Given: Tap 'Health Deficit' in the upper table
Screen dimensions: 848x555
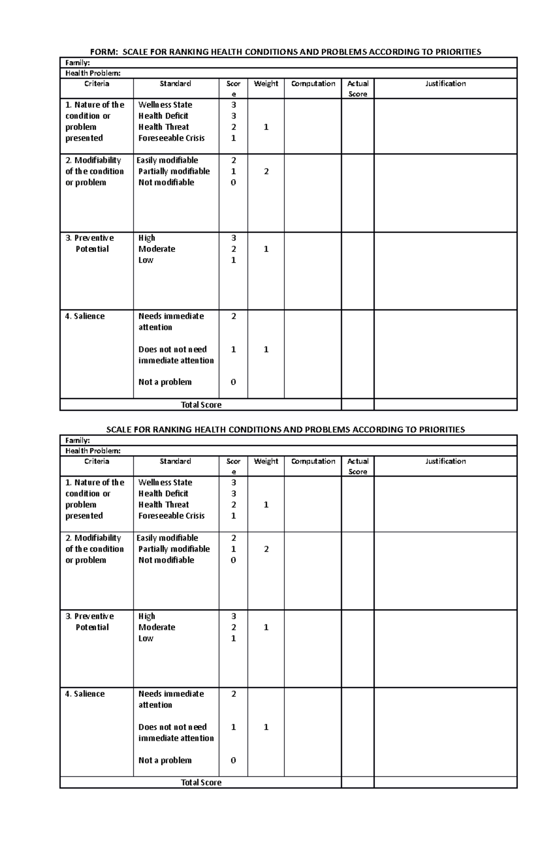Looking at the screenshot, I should click(163, 116).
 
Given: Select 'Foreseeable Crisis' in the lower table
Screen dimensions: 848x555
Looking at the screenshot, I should click(171, 516).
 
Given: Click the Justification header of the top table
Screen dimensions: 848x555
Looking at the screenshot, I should click(445, 84).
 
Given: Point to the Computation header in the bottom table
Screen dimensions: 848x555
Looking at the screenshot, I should click(313, 461).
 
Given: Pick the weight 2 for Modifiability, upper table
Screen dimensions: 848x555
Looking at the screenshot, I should click(266, 171).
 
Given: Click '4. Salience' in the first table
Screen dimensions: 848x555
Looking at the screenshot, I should click(85, 316).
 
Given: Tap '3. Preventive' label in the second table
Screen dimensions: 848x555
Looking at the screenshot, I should click(89, 616).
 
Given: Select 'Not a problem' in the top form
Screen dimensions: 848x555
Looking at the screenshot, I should click(165, 382).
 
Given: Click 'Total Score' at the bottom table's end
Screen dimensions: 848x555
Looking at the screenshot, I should click(201, 782).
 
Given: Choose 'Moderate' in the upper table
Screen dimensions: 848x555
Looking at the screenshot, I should click(157, 249).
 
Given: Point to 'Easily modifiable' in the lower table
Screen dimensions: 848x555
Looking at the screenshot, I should click(167, 538).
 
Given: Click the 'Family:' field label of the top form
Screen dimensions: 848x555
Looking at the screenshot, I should click(78, 62).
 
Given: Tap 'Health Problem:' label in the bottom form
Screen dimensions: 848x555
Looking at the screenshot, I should click(93, 451).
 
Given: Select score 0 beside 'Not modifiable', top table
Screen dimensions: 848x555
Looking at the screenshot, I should click(233, 183).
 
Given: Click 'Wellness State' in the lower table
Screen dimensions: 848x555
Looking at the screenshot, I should click(165, 482).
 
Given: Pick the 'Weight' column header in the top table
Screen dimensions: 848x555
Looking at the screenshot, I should click(266, 84).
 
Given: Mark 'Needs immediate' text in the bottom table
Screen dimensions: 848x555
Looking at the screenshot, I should click(171, 694).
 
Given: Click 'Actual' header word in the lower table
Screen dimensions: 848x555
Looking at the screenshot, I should click(358, 461).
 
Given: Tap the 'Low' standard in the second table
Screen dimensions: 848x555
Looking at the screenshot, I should click(146, 638).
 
